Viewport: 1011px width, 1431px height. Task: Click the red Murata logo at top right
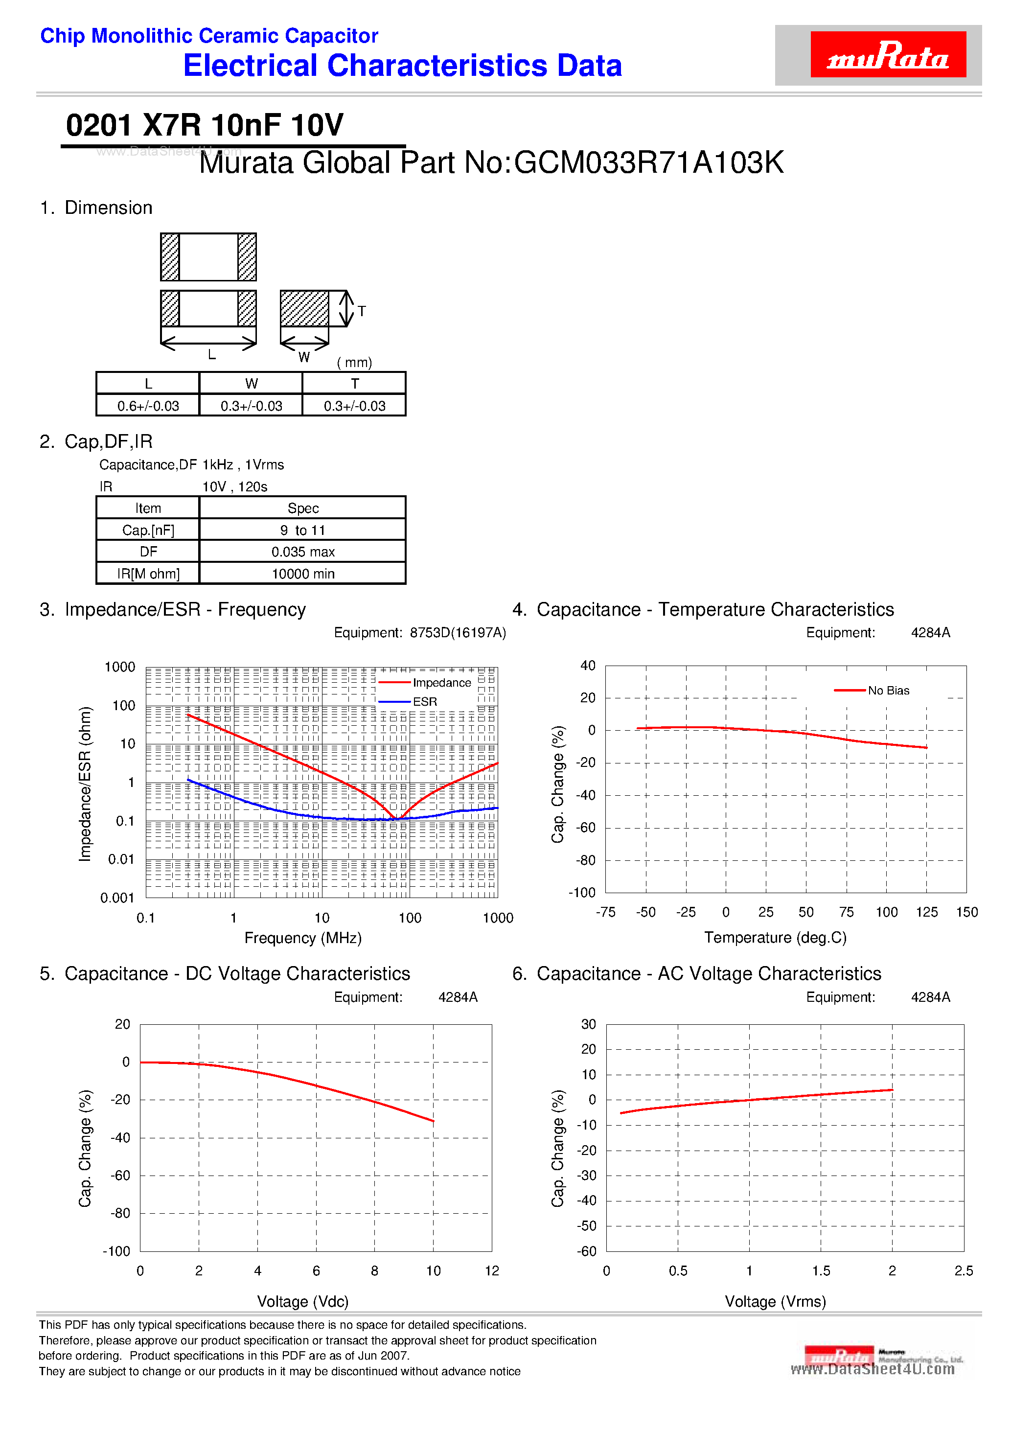pyautogui.click(x=888, y=55)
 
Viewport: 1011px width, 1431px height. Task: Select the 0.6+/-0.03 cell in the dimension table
pyautogui.click(x=148, y=406)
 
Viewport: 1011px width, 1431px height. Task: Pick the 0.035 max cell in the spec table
pyautogui.click(x=303, y=552)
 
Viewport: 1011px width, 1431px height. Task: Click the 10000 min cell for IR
pyautogui.click(x=303, y=574)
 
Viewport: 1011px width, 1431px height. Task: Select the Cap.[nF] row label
pyautogui.click(x=148, y=530)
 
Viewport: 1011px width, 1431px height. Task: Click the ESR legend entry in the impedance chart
pyautogui.click(x=424, y=702)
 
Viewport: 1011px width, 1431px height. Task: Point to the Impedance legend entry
pyautogui.click(x=441, y=683)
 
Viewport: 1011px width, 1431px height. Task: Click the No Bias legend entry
pyautogui.click(x=888, y=691)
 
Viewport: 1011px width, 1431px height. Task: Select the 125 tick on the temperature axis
pyautogui.click(x=926, y=912)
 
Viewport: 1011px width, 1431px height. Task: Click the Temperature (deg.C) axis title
pyautogui.click(x=775, y=937)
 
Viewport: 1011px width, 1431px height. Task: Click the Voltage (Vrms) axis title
pyautogui.click(x=775, y=1301)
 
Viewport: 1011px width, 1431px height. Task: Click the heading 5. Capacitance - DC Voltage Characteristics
pyautogui.click(x=225, y=973)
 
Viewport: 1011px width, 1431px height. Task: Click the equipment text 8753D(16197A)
pyautogui.click(x=458, y=633)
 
